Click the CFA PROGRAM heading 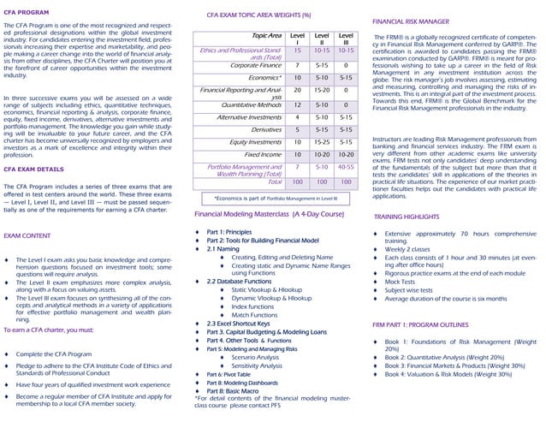click(26, 13)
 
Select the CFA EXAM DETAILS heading click(33, 169)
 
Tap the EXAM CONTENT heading click(27, 235)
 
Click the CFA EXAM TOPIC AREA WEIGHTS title click(258, 15)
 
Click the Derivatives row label click(266, 129)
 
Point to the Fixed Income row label click(263, 155)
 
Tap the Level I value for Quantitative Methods click(297, 104)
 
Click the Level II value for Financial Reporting click(322, 89)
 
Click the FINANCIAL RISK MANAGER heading click(411, 20)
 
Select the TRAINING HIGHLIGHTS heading click(407, 217)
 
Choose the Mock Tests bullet click(400, 281)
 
